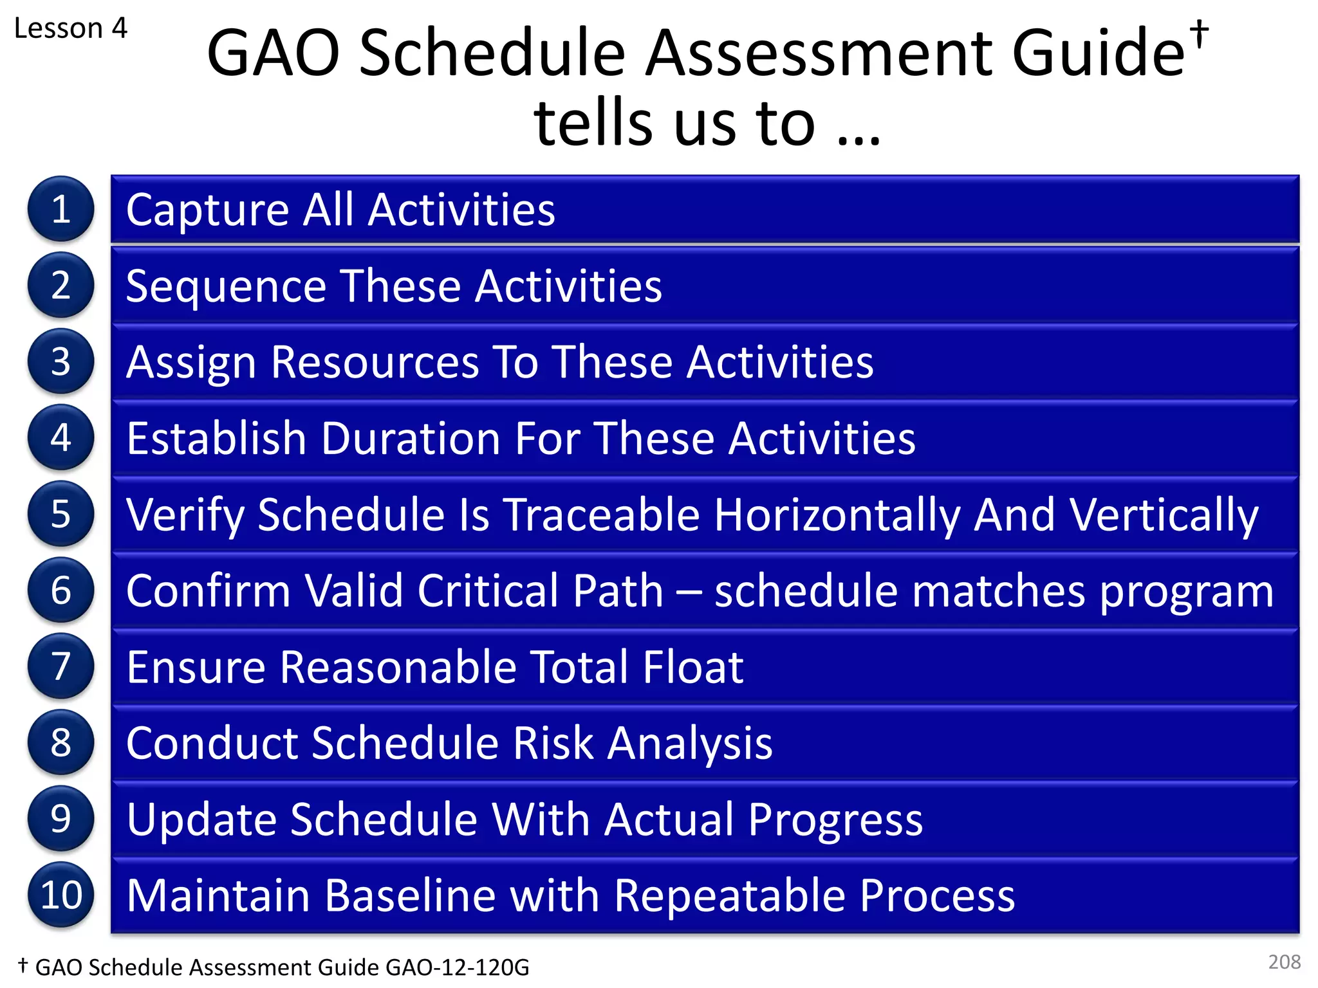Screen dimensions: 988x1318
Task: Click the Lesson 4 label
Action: [x=71, y=28]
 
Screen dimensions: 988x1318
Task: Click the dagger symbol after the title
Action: [x=1198, y=33]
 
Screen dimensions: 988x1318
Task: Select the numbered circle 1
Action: [x=60, y=209]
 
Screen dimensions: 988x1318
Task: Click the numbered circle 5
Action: [x=60, y=514]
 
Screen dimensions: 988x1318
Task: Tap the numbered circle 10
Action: [x=60, y=895]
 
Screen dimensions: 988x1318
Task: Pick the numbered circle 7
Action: [x=60, y=666]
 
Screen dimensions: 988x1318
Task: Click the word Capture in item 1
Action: [x=207, y=211]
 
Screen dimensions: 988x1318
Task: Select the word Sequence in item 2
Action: [x=226, y=287]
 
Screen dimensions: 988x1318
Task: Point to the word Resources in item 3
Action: [x=375, y=362]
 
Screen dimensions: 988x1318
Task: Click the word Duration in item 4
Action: [x=411, y=439]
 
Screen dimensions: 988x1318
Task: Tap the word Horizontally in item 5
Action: [x=837, y=516]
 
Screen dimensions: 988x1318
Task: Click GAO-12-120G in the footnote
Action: [x=457, y=967]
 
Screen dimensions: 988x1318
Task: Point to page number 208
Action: [x=1284, y=962]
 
